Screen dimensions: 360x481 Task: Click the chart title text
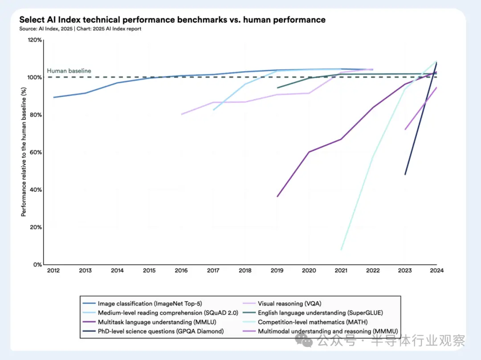pyautogui.click(x=172, y=20)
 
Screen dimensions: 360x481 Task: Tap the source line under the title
pyautogui.click(x=80, y=29)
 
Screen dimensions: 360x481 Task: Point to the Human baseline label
pyautogui.click(x=69, y=71)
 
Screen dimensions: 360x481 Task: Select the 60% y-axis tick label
pyautogui.click(x=35, y=152)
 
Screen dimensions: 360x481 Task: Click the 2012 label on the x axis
pyautogui.click(x=53, y=271)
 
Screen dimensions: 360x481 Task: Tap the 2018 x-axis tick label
pyautogui.click(x=245, y=271)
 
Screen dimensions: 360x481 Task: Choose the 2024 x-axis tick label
pyautogui.click(x=436, y=271)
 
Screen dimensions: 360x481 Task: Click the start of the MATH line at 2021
pyautogui.click(x=341, y=250)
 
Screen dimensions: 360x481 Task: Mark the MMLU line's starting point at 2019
pyautogui.click(x=277, y=196)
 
